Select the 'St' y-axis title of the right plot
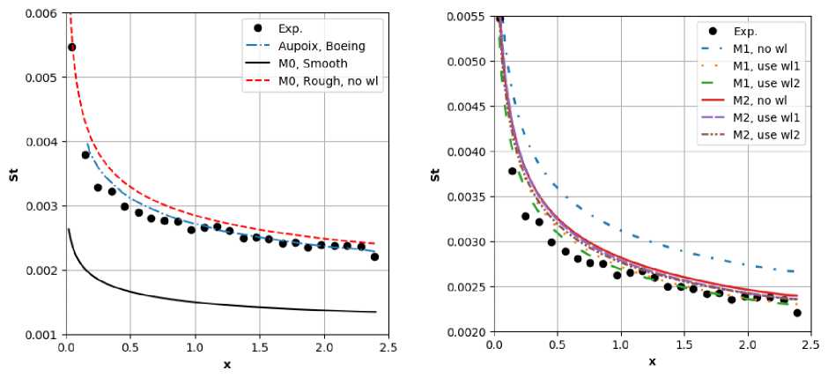(x=436, y=174)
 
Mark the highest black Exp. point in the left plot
(x=72, y=47)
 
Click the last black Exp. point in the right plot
(x=797, y=313)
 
